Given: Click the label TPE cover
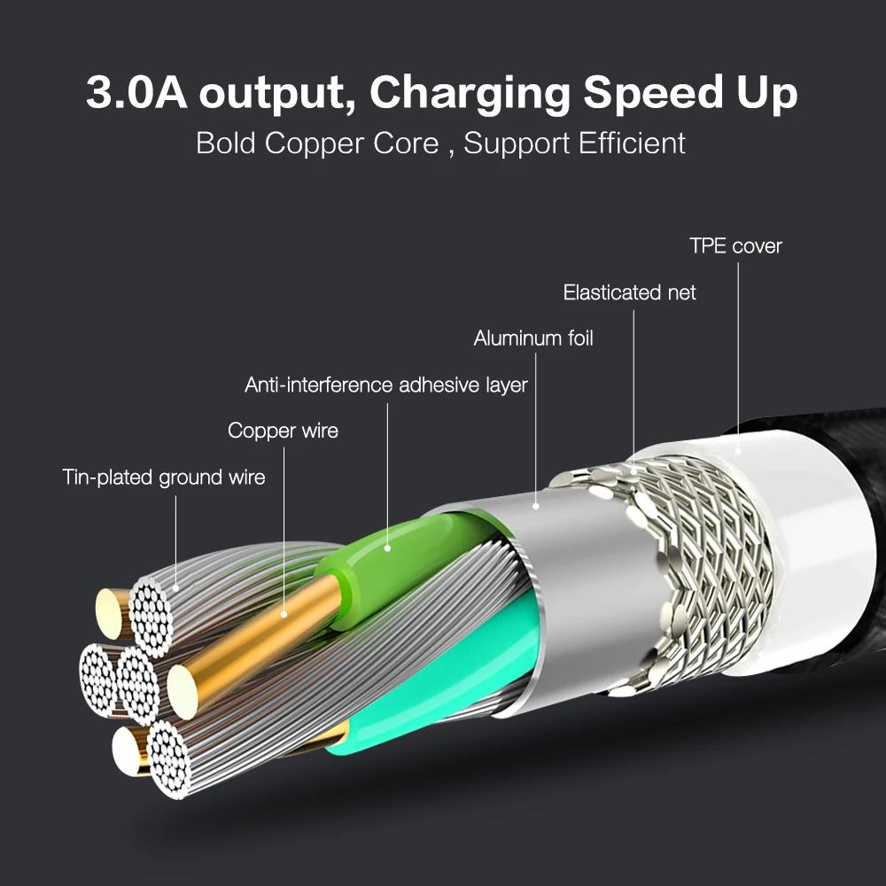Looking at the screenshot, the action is (735, 245).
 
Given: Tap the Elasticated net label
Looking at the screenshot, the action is (629, 292).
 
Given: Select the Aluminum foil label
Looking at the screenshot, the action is (533, 338).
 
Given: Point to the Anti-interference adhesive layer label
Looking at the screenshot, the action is (386, 385).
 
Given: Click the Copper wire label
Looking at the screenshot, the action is (284, 431).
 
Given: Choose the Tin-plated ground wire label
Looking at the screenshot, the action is (164, 477).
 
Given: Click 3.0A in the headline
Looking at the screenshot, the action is (136, 92).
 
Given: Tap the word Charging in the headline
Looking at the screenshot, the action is (470, 93).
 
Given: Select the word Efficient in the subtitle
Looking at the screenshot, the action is (632, 143).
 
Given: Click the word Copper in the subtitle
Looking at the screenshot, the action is (315, 144).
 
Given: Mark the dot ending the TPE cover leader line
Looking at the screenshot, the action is (738, 452).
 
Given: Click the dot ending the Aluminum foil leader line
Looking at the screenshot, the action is (536, 506).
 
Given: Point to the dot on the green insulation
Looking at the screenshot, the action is (388, 548).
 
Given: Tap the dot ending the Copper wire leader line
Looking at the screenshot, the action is (284, 614).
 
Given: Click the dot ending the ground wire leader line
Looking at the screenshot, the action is (175, 588).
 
